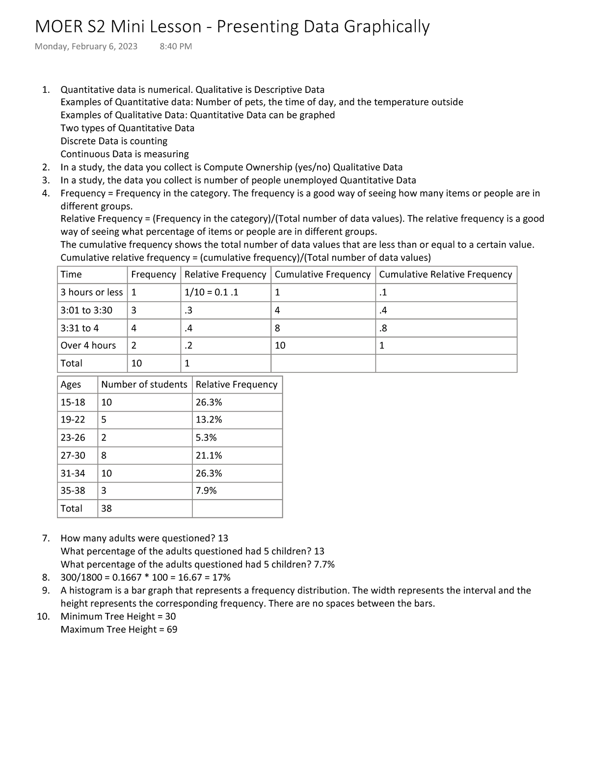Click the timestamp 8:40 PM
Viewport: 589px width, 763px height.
point(176,47)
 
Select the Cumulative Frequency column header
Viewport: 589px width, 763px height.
point(322,275)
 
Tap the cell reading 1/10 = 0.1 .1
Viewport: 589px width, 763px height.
point(211,292)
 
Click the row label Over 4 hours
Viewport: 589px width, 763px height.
point(88,345)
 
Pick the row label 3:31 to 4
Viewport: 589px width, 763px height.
point(80,328)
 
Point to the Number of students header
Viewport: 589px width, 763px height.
point(144,384)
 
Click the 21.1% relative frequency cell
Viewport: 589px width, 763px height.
point(209,455)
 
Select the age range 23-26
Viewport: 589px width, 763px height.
point(73,437)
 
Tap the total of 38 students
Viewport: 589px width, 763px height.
point(107,509)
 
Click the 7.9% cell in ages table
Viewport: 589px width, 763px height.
point(206,490)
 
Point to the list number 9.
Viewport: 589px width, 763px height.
point(46,590)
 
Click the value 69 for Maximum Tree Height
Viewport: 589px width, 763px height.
point(172,629)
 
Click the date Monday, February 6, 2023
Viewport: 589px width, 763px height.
point(86,47)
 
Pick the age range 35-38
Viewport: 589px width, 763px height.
point(73,490)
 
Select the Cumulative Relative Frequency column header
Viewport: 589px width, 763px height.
point(445,275)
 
